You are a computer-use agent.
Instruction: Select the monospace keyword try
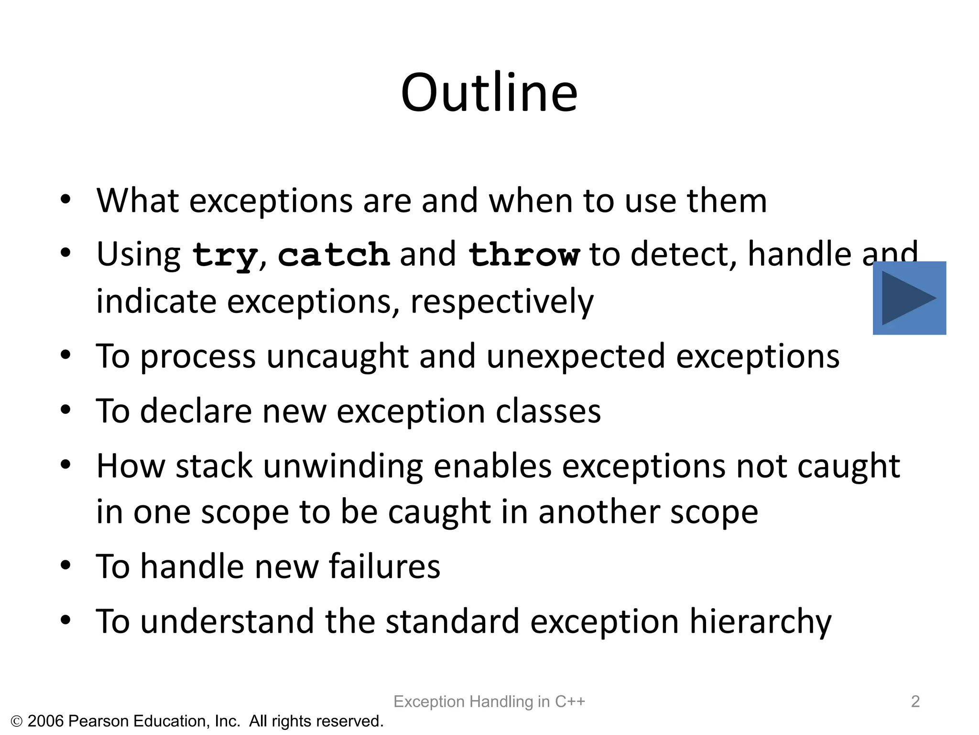tap(224, 255)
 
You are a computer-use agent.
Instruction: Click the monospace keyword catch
tap(334, 255)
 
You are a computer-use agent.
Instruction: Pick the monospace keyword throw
tap(524, 255)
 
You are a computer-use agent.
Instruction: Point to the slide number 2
tap(915, 702)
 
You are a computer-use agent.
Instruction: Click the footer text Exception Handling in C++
tap(489, 702)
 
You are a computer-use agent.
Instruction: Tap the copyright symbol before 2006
tap(17, 722)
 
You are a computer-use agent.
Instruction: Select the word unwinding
tap(343, 466)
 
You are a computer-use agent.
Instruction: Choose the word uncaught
tap(337, 357)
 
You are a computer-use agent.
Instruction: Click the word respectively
tap(502, 302)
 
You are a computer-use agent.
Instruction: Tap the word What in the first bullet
tap(138, 200)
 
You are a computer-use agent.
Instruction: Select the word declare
tap(196, 412)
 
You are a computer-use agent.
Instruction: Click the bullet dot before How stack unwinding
tap(66, 464)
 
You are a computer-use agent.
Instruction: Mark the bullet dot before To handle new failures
tap(66, 565)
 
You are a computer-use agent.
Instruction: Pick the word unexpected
tap(576, 357)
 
